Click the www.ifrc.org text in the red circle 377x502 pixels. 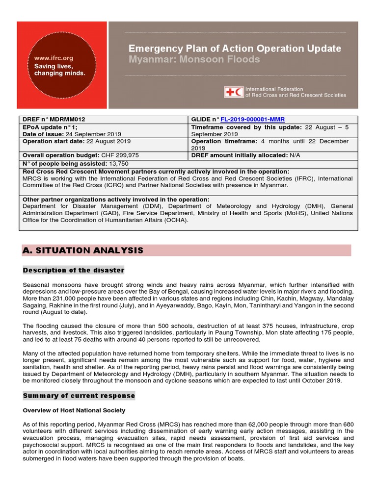click(53, 58)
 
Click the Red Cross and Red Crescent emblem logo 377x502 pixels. click(233, 92)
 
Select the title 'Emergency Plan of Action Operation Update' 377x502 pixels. click(234, 49)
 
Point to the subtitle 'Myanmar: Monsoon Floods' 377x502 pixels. click(194, 60)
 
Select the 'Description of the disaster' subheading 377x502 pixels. click(74, 270)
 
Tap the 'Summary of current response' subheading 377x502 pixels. click(79, 396)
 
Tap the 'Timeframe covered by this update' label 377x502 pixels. click(242, 127)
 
